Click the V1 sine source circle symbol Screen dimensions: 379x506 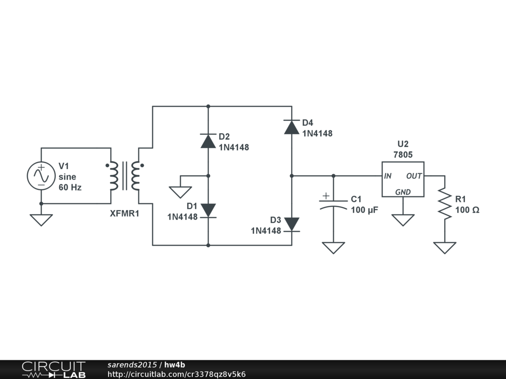point(41,176)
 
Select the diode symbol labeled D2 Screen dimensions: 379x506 point(208,141)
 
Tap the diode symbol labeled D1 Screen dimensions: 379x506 point(208,210)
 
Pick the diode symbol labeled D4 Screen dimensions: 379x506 point(292,127)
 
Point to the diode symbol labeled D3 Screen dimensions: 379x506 point(292,225)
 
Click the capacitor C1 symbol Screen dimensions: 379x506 point(333,204)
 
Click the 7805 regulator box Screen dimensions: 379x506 point(402,179)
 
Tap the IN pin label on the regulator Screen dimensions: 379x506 point(388,176)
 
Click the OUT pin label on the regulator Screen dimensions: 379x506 point(414,176)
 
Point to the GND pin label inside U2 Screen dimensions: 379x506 point(403,192)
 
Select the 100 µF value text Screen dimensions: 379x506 point(364,210)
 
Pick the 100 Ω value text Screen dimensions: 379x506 point(467,210)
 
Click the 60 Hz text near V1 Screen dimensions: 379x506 point(70,188)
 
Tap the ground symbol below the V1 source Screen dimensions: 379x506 point(41,220)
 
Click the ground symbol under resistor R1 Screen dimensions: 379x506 point(444,247)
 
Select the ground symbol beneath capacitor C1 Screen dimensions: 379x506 point(333,247)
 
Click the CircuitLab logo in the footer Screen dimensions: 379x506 point(53,370)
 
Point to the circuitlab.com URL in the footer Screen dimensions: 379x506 point(176,375)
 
